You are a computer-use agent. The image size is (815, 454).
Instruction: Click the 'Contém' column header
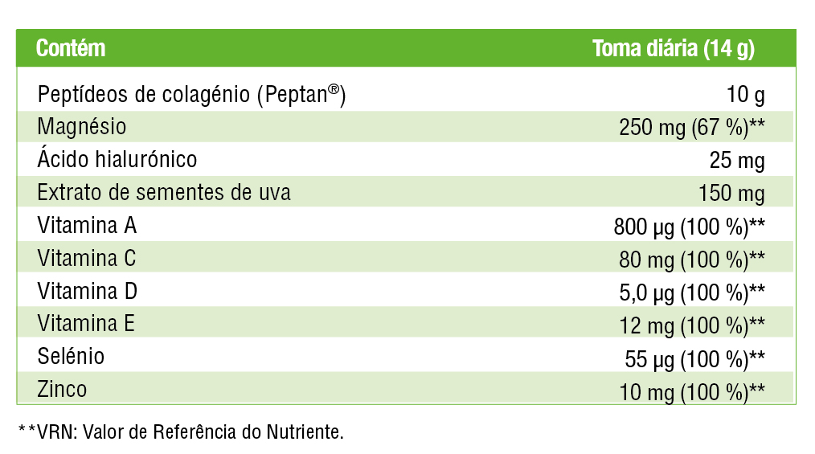pyautogui.click(x=71, y=48)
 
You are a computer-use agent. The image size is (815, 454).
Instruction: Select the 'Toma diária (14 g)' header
pyautogui.click(x=673, y=48)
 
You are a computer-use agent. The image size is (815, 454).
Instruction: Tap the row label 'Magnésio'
pyautogui.click(x=82, y=127)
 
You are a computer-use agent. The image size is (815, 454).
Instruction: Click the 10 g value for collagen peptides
pyautogui.click(x=746, y=95)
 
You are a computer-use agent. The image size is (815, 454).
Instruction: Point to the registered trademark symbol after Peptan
pyautogui.click(x=333, y=90)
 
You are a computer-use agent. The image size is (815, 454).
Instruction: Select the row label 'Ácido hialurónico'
pyautogui.click(x=117, y=159)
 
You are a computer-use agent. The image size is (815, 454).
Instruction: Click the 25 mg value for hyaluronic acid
pyautogui.click(x=737, y=161)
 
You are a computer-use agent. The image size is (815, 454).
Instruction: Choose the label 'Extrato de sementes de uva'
pyautogui.click(x=164, y=193)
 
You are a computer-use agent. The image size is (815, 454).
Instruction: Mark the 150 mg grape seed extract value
pyautogui.click(x=732, y=194)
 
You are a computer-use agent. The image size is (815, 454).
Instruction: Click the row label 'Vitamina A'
pyautogui.click(x=87, y=226)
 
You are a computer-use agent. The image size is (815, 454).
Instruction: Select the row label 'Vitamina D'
pyautogui.click(x=88, y=291)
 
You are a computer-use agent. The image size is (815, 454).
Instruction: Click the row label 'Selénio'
pyautogui.click(x=71, y=356)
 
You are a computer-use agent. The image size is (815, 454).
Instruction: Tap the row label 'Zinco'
pyautogui.click(x=62, y=390)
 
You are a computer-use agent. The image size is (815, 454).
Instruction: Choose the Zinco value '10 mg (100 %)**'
pyautogui.click(x=692, y=391)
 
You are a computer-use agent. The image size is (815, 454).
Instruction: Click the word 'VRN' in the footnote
pyautogui.click(x=51, y=432)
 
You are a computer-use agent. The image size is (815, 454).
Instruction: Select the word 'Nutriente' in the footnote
pyautogui.click(x=305, y=432)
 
